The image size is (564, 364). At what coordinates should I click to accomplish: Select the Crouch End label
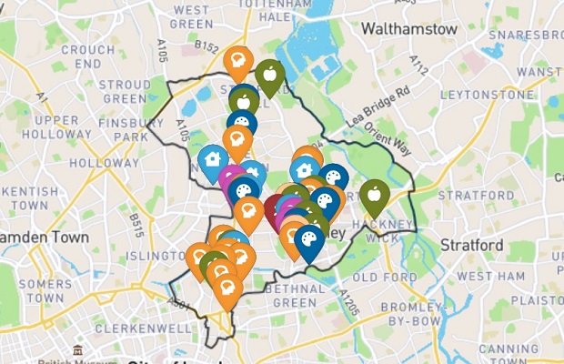pos(87,56)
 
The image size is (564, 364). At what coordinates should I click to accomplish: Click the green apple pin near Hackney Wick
pos(374,194)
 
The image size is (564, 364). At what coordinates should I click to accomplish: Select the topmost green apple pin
pos(269,74)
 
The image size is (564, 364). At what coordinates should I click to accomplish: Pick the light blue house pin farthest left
pos(212,158)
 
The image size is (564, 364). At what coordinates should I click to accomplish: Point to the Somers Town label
pos(45,290)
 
